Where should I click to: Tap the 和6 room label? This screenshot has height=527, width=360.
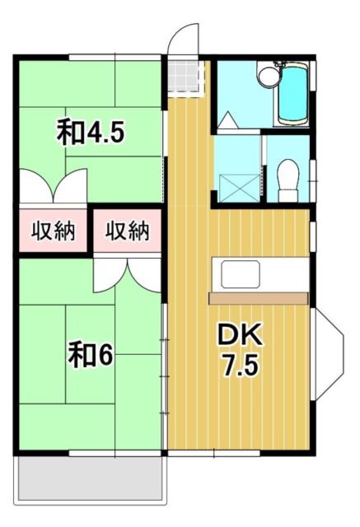(x=90, y=356)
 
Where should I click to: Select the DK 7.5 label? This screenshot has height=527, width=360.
(x=239, y=348)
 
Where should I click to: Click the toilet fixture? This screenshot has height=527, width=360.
(x=288, y=177)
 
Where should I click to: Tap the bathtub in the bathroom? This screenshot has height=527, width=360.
(x=292, y=93)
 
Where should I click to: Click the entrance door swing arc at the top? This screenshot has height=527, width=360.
(x=183, y=37)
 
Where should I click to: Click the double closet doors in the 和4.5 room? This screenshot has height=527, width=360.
(x=53, y=186)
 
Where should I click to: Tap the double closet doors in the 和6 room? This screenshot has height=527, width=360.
(x=128, y=274)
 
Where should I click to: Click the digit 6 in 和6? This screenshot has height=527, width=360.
(x=105, y=356)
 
